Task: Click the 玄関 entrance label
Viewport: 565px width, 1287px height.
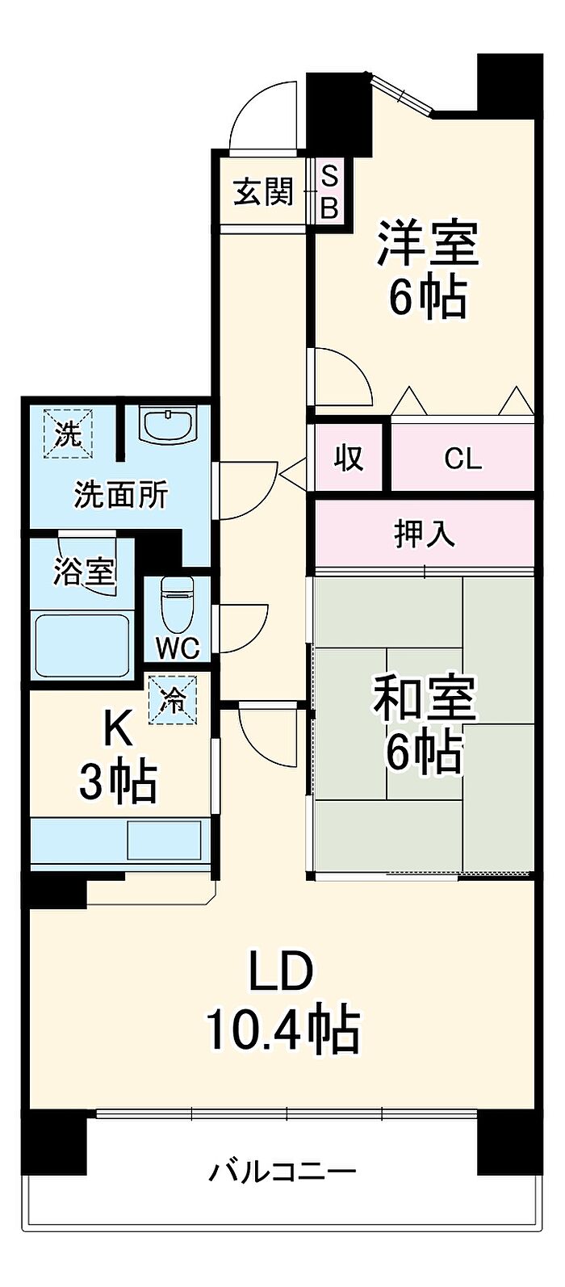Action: pos(264,191)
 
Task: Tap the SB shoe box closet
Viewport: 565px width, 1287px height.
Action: pos(329,191)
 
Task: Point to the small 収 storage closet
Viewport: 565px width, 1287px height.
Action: pos(348,457)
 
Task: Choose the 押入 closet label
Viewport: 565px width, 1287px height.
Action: pos(425,534)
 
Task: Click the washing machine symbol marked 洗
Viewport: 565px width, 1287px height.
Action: pos(69,433)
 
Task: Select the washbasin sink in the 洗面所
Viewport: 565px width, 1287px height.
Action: pos(168,426)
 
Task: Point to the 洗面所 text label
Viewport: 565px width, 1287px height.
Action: pos(120,494)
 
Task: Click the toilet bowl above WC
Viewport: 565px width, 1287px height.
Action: pos(177,605)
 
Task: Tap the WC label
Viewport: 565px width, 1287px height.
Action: pos(178,649)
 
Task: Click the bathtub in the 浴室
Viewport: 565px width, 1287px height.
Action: pos(82,644)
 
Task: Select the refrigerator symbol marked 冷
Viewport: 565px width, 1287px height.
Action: pos(172,699)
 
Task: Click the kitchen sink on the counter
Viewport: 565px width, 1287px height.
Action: pos(164,840)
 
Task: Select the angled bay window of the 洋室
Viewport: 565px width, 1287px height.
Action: pos(403,94)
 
